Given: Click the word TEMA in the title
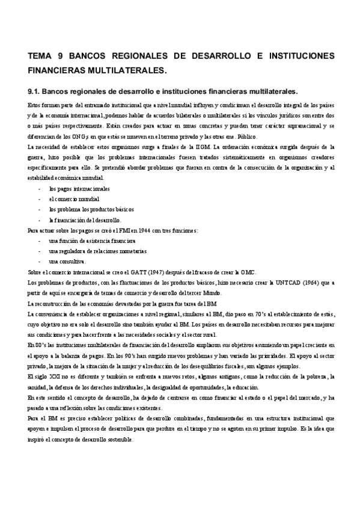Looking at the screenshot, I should click(41, 56).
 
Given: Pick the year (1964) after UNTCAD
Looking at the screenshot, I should click(312, 281).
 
